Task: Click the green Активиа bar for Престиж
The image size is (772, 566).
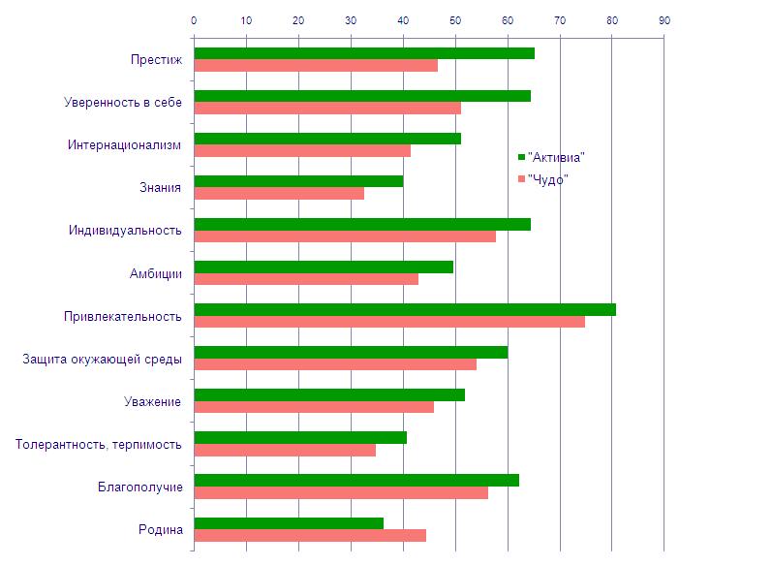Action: coord(363,53)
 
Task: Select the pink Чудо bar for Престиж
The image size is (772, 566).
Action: coord(316,66)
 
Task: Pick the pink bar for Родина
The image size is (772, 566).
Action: coord(310,535)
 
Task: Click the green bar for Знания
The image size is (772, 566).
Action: coord(298,181)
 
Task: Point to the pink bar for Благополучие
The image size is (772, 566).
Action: coord(341,492)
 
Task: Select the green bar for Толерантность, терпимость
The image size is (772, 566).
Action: coord(300,437)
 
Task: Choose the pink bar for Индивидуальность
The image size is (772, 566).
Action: coord(345,236)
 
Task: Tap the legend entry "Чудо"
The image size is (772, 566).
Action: coord(547,179)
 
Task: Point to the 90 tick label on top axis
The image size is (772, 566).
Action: coord(664,20)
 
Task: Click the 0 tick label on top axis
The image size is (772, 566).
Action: coord(194,20)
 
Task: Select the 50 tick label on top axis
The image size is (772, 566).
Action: coord(455,20)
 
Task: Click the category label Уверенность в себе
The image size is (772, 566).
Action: coord(123,103)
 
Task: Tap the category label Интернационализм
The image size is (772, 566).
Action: coord(124,145)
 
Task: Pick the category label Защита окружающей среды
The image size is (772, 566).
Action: coord(102,360)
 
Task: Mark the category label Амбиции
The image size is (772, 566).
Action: coord(155,273)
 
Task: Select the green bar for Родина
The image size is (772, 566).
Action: coord(289,523)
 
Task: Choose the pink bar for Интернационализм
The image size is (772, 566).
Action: coord(302,151)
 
